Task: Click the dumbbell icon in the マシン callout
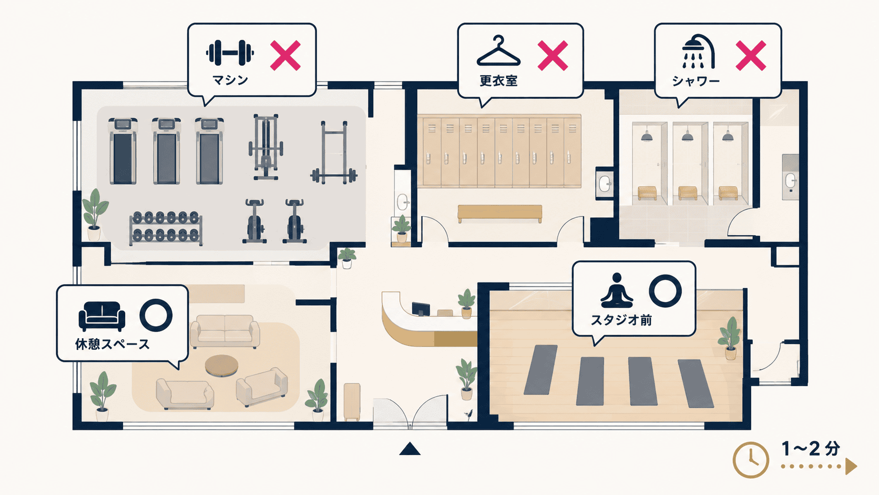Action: pyautogui.click(x=230, y=53)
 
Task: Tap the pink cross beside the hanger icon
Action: pyautogui.click(x=553, y=55)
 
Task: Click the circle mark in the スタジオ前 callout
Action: pyautogui.click(x=665, y=290)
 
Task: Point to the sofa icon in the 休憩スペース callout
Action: pyautogui.click(x=101, y=316)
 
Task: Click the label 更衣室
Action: pyautogui.click(x=498, y=81)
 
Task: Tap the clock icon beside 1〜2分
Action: pyautogui.click(x=751, y=460)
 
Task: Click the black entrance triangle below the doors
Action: pyautogui.click(x=410, y=449)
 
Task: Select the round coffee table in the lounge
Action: pyautogui.click(x=222, y=366)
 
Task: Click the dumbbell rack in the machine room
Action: pyautogui.click(x=166, y=228)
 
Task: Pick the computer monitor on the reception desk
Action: pyautogui.click(x=421, y=309)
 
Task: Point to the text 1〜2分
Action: pyautogui.click(x=811, y=449)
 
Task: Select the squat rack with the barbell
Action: pyautogui.click(x=334, y=153)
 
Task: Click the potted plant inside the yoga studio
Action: pyautogui.click(x=730, y=338)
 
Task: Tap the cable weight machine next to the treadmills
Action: pyautogui.click(x=265, y=147)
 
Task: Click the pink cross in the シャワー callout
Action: pyautogui.click(x=751, y=55)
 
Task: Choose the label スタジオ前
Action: pyautogui.click(x=621, y=320)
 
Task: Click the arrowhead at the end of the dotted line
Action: pyautogui.click(x=851, y=467)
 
